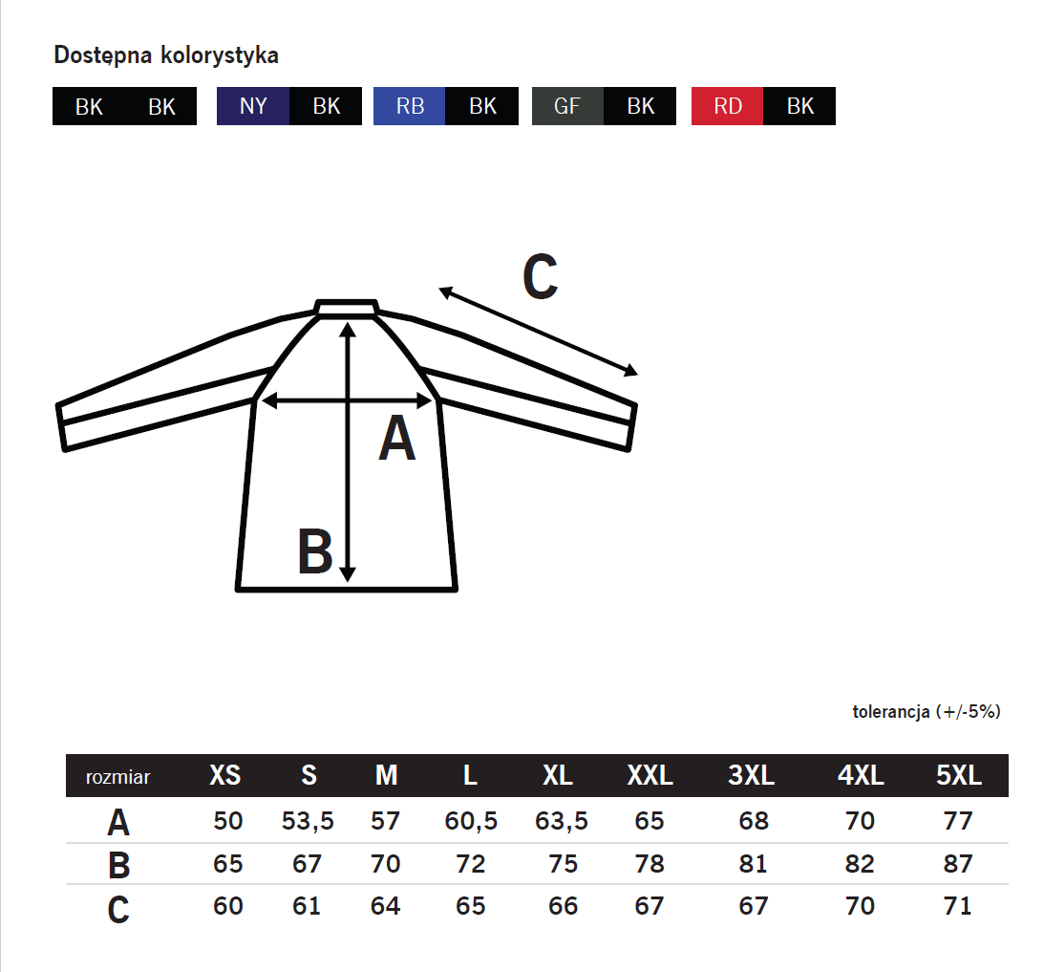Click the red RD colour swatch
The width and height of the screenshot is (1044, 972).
(x=727, y=106)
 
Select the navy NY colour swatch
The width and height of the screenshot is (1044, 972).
(x=253, y=106)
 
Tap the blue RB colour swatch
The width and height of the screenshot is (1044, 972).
(x=410, y=106)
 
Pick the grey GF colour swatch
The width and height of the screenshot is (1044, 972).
(x=567, y=106)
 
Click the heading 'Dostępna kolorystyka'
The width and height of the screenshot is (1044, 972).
(x=166, y=55)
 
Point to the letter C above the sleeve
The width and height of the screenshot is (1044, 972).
(x=540, y=276)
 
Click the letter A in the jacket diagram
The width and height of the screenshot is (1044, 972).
(x=396, y=438)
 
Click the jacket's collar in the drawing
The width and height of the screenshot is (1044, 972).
(x=346, y=307)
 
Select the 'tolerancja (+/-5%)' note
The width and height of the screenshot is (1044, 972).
(x=927, y=711)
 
